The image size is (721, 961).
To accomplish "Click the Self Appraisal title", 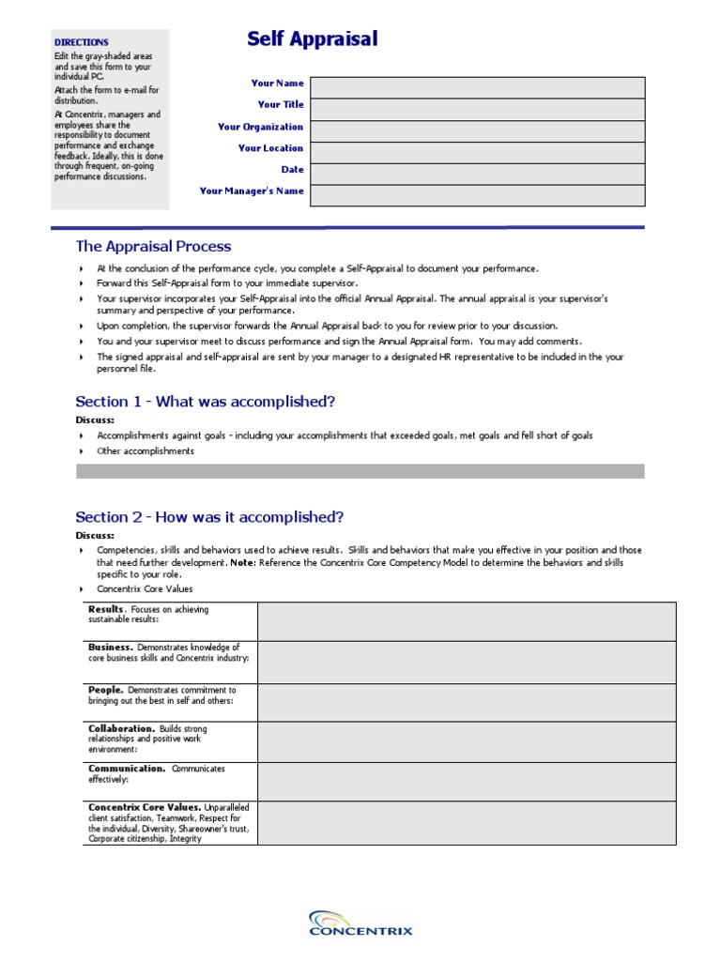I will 312,39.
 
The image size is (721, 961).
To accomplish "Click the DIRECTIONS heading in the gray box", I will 81,42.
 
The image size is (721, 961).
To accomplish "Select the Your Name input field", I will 477,87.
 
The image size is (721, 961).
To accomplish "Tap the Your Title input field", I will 477,109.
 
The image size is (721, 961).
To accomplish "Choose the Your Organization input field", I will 477,130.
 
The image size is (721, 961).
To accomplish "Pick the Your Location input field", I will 477,152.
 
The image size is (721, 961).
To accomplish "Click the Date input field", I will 477,174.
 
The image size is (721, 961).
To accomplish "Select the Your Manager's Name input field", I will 477,195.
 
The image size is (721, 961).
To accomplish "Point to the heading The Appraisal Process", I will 153,247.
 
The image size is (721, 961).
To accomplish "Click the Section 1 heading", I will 205,402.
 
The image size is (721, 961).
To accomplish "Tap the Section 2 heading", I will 209,517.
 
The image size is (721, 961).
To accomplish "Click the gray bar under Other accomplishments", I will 360,471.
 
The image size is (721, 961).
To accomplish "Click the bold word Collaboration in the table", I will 121,729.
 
